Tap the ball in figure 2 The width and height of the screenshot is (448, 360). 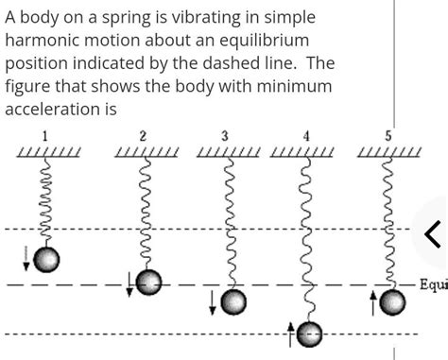pos(146,281)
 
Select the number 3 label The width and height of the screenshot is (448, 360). pos(225,135)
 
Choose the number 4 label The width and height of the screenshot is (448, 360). pos(305,136)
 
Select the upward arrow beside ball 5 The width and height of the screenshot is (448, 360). pos(373,276)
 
